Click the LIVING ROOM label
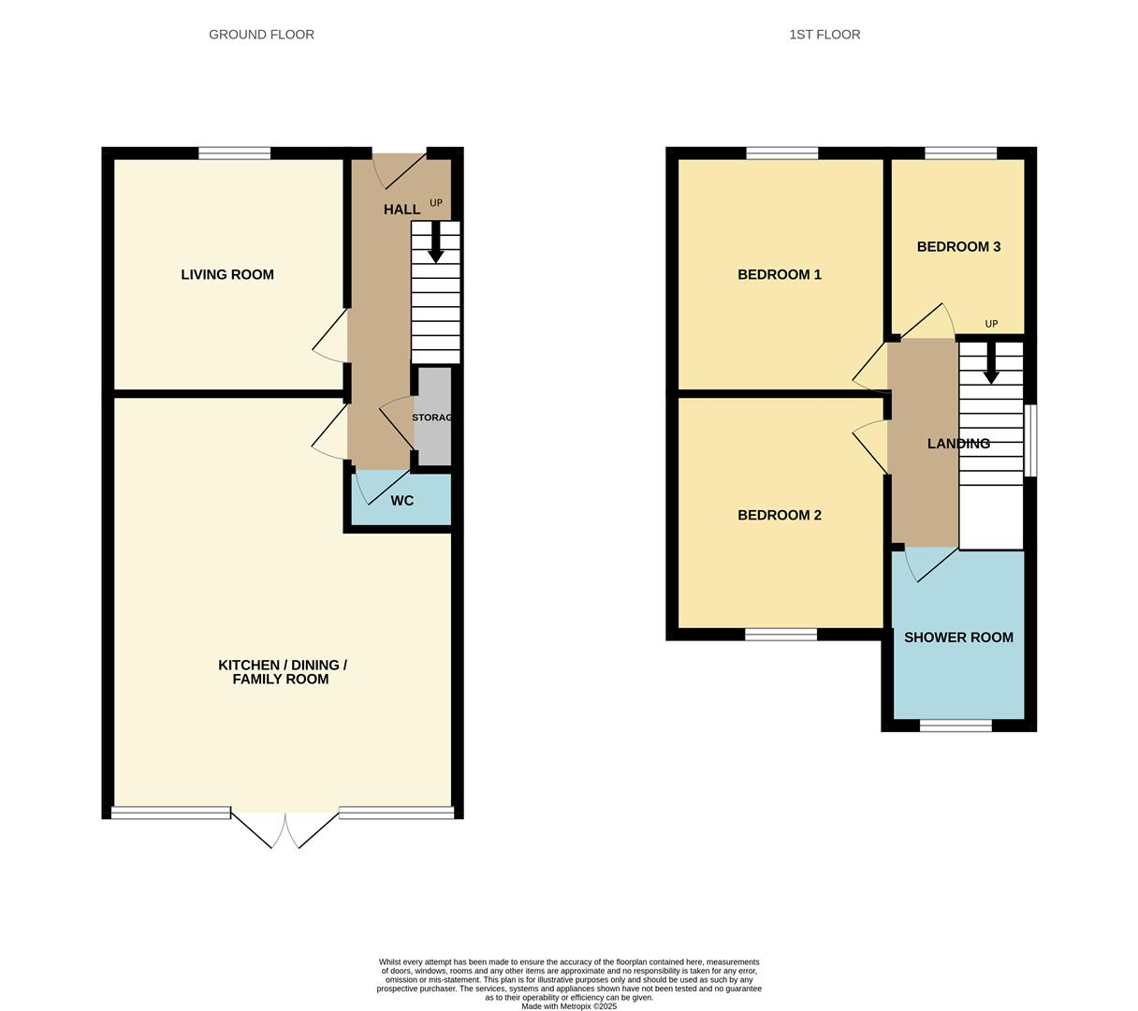click(x=226, y=274)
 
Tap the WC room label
click(x=401, y=500)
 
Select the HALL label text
click(x=401, y=210)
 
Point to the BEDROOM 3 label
click(x=958, y=247)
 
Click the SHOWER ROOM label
click(x=958, y=637)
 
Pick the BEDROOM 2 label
click(x=779, y=515)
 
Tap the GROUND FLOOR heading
click(x=261, y=35)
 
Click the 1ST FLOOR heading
click(x=824, y=35)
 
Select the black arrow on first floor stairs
click(x=991, y=363)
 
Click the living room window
click(x=234, y=153)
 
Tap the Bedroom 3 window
click(x=960, y=153)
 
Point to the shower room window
click(x=956, y=725)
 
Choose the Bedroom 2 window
click(x=781, y=635)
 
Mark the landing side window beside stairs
click(x=1030, y=441)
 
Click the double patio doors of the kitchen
click(x=284, y=829)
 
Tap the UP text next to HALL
click(x=436, y=203)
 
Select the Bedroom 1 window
click(x=781, y=153)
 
